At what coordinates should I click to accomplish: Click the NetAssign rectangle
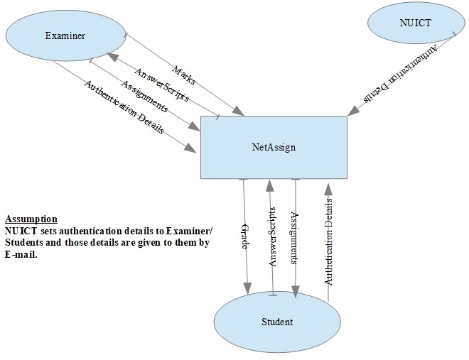pos(274,148)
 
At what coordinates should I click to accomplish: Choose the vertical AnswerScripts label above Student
pos(271,236)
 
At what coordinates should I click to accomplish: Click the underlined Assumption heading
pos(31,219)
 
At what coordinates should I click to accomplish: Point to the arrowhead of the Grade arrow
pos(247,288)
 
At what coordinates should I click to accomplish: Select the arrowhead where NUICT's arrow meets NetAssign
pos(351,111)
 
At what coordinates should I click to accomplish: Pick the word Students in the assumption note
pos(26,243)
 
